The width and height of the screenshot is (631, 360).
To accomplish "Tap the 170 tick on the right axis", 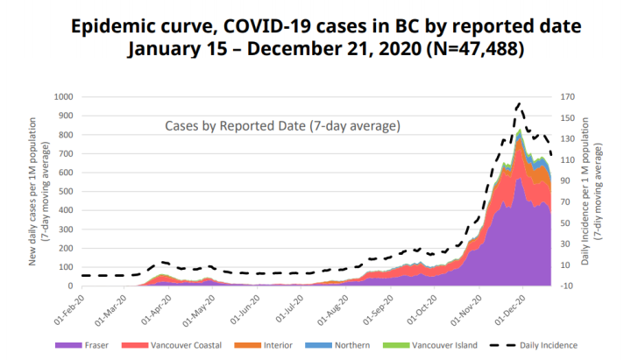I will (x=568, y=97).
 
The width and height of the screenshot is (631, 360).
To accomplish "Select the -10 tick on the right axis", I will (x=568, y=286).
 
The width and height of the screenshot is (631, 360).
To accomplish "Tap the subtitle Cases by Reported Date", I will (x=282, y=126).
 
